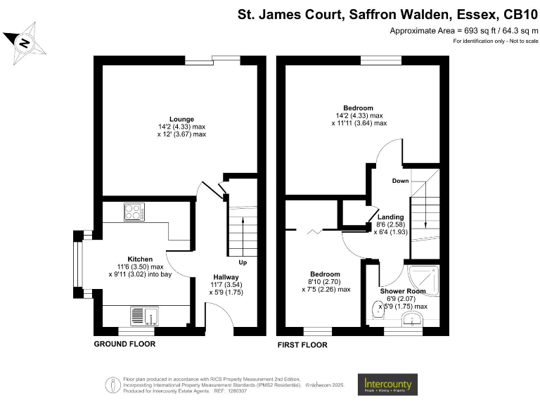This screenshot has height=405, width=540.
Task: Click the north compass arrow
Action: pyautogui.click(x=25, y=41)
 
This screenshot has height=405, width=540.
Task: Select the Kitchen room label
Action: pyautogui.click(x=140, y=259)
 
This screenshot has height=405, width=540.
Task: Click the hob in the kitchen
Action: pyautogui.click(x=134, y=210)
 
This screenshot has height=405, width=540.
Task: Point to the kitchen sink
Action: pyautogui.click(x=145, y=316)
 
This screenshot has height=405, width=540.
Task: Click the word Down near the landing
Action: pyautogui.click(x=400, y=181)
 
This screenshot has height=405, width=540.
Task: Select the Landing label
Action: pyautogui.click(x=390, y=217)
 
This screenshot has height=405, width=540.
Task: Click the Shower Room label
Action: pyautogui.click(x=403, y=291)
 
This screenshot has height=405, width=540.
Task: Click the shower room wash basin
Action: pyautogui.click(x=410, y=320)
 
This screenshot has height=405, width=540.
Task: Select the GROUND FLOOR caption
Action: pyautogui.click(x=124, y=345)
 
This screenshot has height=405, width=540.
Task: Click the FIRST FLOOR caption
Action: pyautogui.click(x=302, y=345)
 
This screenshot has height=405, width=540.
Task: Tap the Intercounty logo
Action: pyautogui.click(x=388, y=384)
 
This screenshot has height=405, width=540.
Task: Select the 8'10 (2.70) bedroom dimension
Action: pyautogui.click(x=326, y=281)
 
